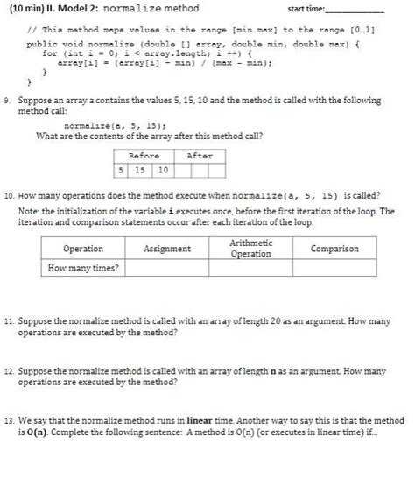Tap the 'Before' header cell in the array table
144,156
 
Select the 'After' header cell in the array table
200,156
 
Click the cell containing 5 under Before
122,169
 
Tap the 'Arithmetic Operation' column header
250,248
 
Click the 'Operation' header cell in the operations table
83,249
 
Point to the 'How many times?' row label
83,268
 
